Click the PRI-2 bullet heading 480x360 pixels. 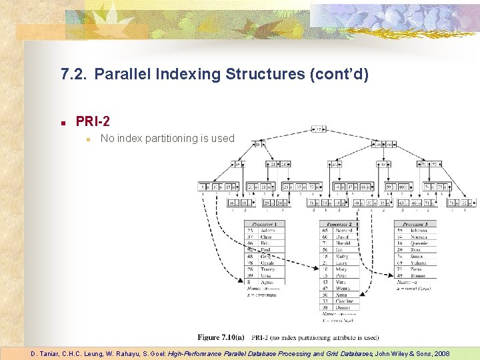coord(93,121)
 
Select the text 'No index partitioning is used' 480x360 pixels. coord(167,139)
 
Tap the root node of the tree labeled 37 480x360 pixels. coord(320,129)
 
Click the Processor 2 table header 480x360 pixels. coord(339,224)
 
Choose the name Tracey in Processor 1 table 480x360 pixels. coord(268,269)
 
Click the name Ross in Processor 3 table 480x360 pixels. coord(416,250)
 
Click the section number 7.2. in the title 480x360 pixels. coord(73,73)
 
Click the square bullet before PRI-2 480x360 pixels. coord(62,123)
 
